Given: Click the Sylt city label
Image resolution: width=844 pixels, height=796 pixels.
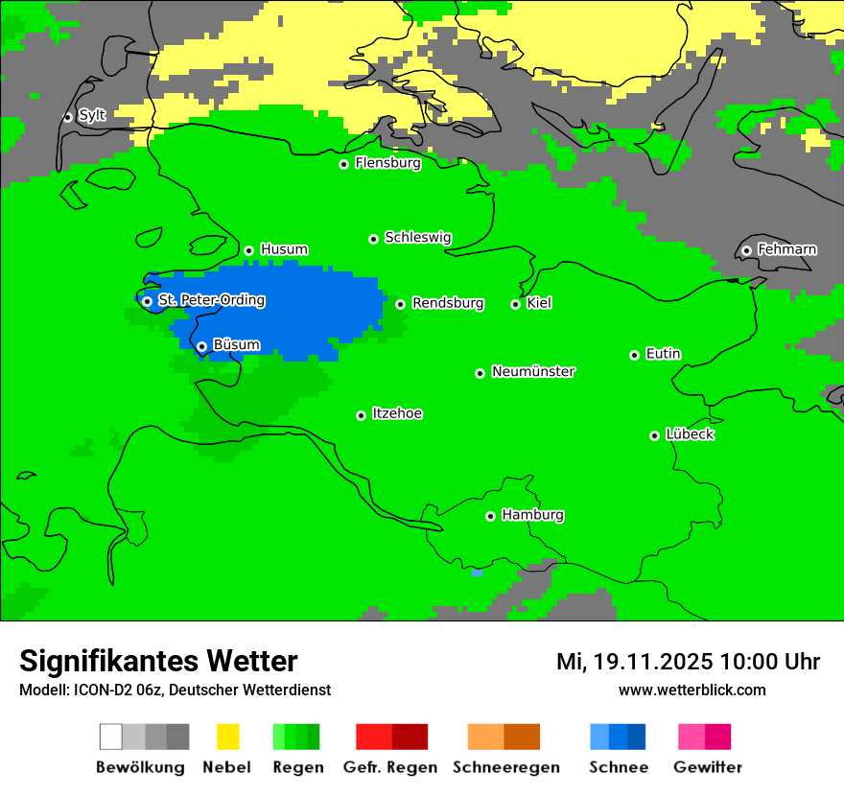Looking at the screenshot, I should (92, 116).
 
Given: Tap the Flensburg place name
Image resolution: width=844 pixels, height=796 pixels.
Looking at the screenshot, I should (387, 163).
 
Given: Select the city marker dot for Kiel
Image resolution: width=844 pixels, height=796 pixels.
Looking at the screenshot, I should (515, 304).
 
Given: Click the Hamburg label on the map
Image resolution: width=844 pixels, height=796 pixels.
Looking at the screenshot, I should (532, 515).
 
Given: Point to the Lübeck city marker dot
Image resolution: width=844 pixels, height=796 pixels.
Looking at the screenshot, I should (654, 435).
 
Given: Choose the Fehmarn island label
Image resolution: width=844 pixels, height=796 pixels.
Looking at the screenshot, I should (786, 249).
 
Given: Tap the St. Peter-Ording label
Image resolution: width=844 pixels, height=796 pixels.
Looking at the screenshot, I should (211, 300).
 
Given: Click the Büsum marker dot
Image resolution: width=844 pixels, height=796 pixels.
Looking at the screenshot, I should (201, 346).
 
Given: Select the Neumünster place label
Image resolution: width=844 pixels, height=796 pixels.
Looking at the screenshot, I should (532, 371).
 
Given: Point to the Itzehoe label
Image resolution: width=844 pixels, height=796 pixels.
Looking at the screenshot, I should (397, 413).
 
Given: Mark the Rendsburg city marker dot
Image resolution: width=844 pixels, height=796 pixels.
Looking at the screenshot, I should (400, 304).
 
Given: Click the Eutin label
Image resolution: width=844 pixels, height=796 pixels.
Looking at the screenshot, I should (663, 354).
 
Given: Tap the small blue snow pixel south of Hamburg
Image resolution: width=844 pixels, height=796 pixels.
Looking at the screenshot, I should (477, 573).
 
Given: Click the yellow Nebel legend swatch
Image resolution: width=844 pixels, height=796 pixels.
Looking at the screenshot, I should (227, 737).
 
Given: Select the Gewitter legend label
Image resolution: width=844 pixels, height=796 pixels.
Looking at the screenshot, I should (707, 767).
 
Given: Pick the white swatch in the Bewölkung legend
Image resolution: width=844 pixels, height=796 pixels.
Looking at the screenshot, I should (111, 737).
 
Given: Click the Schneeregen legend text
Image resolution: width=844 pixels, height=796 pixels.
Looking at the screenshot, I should (506, 767).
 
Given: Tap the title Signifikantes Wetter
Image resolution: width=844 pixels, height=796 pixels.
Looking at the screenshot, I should (158, 661).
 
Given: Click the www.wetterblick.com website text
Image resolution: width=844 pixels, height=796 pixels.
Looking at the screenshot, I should (692, 690).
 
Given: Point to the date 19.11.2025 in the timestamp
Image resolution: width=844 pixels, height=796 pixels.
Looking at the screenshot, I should (652, 662).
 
